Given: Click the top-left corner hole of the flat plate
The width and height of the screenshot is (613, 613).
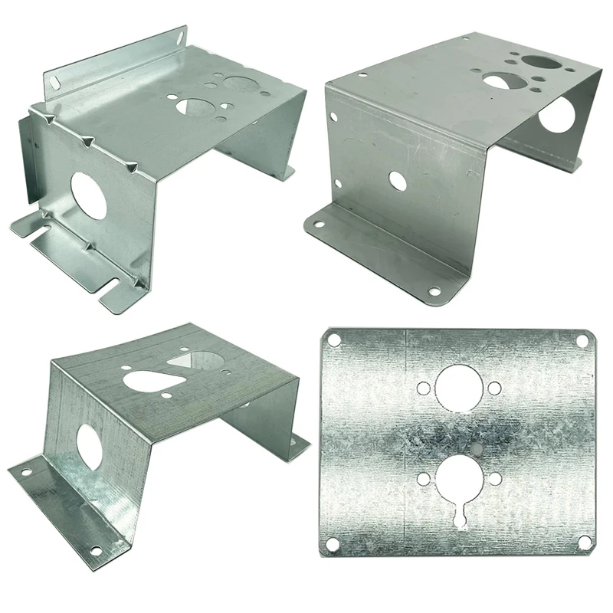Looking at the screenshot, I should [x=334, y=339].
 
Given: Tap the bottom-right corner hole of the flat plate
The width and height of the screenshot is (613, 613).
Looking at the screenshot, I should [x=584, y=542].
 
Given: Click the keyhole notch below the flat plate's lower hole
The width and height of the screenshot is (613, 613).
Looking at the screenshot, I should [x=460, y=519].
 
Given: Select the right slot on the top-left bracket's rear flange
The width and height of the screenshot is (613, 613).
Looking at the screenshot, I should [x=179, y=35].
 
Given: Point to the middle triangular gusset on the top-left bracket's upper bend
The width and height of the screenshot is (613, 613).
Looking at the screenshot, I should [x=87, y=141].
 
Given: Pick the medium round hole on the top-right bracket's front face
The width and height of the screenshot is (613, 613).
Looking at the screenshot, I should [x=397, y=181].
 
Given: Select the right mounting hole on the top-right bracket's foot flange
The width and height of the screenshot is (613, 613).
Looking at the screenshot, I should [x=434, y=291].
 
